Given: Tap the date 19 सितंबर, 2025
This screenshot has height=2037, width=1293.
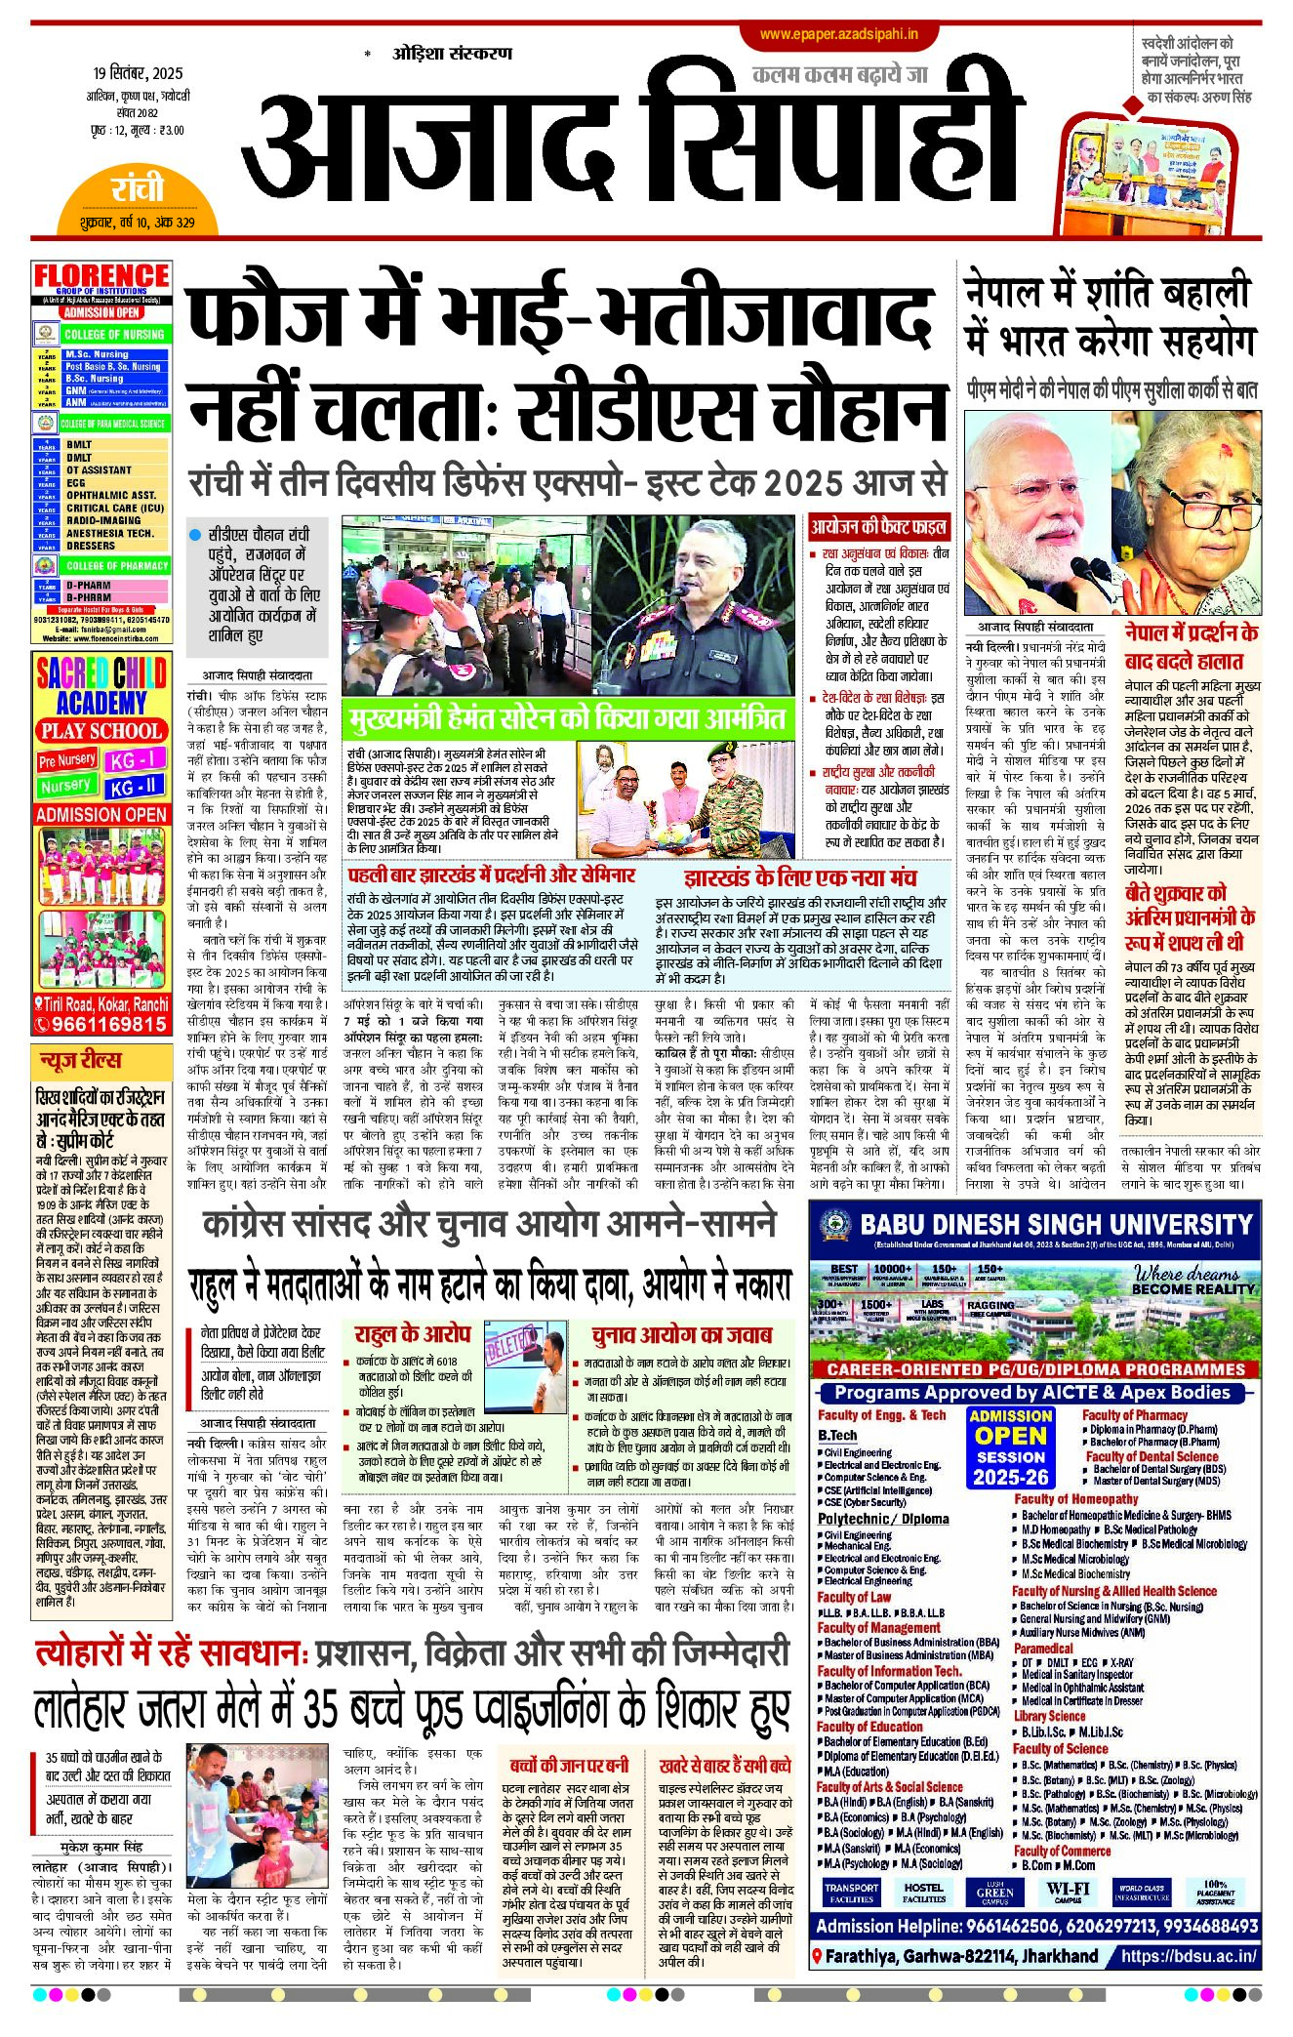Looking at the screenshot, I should coord(138,74).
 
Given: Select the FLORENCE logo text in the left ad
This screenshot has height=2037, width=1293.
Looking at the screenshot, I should coord(101,276).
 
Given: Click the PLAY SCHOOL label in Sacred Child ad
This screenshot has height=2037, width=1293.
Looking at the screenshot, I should coord(101,731).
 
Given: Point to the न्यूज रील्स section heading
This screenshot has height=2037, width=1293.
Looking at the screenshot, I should coord(81,1060).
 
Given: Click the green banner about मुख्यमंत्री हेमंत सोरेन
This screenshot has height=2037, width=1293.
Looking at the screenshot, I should coord(566,720).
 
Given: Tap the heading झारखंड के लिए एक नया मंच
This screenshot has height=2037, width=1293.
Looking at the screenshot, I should coord(799,876).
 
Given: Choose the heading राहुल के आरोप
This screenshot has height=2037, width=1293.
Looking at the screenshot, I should coord(412,1334).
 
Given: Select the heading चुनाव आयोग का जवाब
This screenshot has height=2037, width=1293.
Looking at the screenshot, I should coord(681,1334).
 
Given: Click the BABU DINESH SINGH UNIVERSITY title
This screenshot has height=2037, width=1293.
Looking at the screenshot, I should coord(1056,1225).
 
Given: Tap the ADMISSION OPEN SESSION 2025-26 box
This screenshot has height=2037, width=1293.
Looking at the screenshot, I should coord(1011,1446).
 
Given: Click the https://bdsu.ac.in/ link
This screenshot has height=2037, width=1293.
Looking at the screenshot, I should coord(1188,1955).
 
